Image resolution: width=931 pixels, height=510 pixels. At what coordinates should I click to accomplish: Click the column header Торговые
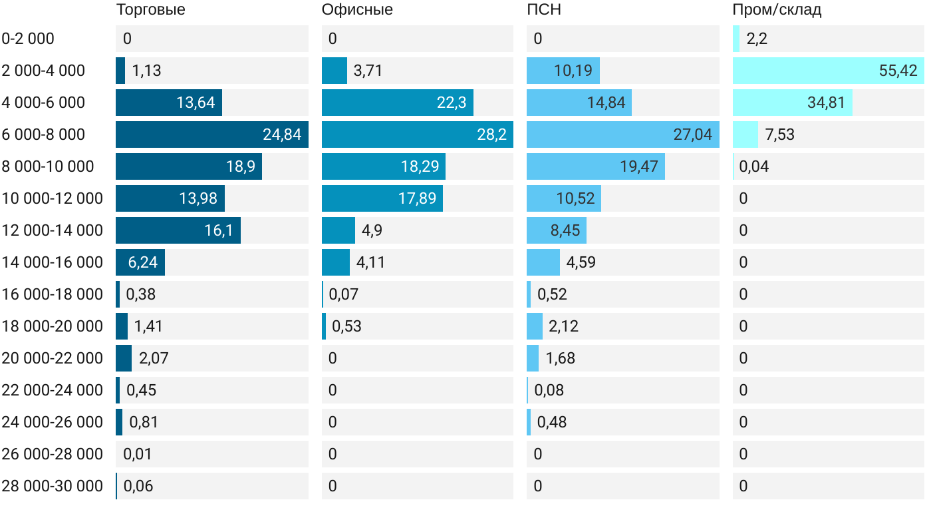click(x=150, y=10)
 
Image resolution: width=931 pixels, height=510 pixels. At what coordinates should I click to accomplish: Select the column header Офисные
click(x=357, y=10)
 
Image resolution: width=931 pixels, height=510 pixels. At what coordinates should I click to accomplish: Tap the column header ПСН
click(x=539, y=10)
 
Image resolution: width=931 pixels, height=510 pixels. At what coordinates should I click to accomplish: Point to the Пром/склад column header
click(x=777, y=10)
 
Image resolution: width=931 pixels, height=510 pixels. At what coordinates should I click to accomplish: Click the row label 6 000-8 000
click(x=44, y=134)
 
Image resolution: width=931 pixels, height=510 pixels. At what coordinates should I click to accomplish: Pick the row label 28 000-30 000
click(x=53, y=486)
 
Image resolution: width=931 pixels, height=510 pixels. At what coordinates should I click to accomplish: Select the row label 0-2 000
click(x=29, y=39)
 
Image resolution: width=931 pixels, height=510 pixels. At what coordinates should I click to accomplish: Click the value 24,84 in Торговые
click(x=282, y=134)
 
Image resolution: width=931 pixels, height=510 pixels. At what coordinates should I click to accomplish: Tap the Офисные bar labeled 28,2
click(x=417, y=134)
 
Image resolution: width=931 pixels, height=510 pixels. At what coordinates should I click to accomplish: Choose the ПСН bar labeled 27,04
click(x=622, y=134)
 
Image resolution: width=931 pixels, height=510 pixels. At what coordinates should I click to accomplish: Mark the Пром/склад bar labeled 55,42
click(x=828, y=71)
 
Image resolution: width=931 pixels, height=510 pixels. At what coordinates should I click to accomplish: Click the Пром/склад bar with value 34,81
click(x=792, y=103)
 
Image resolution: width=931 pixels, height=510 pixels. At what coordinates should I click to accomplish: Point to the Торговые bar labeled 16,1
click(x=178, y=230)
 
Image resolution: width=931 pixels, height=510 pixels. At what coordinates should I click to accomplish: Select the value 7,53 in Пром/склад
click(x=779, y=134)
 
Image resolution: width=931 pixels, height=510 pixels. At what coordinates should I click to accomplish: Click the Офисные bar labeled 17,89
click(x=382, y=198)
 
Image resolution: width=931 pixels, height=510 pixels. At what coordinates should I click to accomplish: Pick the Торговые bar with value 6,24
click(x=140, y=262)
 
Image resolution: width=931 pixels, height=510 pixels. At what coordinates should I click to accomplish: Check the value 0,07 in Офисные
click(x=343, y=294)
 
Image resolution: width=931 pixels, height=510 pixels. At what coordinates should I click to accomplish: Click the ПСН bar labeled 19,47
click(x=595, y=166)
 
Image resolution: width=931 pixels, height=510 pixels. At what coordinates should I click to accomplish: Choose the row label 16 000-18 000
click(x=53, y=294)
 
